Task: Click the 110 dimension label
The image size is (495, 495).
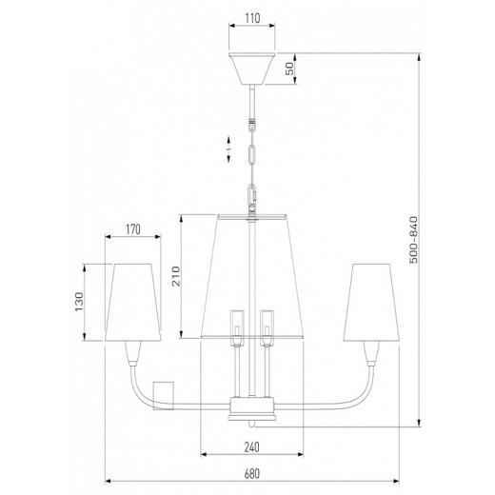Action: coord(252,18)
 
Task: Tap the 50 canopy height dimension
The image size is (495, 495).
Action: coord(290,69)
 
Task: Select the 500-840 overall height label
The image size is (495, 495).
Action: coord(413,240)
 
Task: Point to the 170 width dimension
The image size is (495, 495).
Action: coord(132,229)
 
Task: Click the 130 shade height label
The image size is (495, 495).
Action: coord(79,302)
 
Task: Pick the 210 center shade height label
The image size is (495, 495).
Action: coord(176,276)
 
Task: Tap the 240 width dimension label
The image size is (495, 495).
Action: coord(251,446)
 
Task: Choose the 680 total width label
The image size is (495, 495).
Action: coord(252,473)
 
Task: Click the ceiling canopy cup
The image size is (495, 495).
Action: coord(252,69)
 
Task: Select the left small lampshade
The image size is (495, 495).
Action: coord(132,303)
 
